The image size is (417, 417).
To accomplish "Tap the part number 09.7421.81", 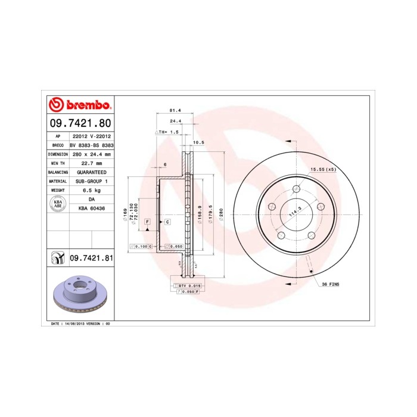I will (91, 257).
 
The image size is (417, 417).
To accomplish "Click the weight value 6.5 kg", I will (91, 190).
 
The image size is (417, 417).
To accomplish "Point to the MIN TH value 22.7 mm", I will (91, 163).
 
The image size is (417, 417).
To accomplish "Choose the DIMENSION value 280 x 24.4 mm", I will (91, 154).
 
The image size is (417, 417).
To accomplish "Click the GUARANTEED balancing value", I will (91, 172).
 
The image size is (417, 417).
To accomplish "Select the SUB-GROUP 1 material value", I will (91, 181).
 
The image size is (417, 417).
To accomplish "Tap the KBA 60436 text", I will (91, 208).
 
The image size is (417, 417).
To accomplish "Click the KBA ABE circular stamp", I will (58, 204).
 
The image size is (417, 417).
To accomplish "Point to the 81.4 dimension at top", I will (175, 111).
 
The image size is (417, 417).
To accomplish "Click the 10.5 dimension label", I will (199, 142).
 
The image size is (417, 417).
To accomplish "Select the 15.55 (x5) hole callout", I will (323, 170).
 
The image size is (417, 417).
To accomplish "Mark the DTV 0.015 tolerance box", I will (190, 286).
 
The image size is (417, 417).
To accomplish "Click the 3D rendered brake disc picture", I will (79, 295).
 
